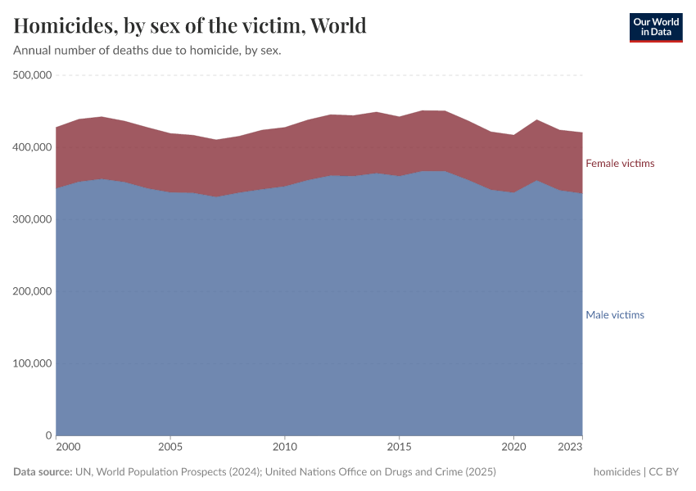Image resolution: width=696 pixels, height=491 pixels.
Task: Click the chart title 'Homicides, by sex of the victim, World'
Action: point(190,25)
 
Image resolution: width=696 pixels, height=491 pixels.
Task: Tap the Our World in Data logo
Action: point(655,27)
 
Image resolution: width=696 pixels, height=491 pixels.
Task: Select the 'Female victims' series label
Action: point(620,164)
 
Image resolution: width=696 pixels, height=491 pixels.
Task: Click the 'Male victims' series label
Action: point(615,315)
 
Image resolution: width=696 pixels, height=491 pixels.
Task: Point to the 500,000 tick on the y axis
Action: point(33,75)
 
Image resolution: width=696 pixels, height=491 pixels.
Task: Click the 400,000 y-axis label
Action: point(33,147)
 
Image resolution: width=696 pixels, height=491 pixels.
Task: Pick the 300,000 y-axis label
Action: point(33,219)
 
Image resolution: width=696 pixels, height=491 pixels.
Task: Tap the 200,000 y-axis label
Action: point(33,291)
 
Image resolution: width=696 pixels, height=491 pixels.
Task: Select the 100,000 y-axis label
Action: point(33,363)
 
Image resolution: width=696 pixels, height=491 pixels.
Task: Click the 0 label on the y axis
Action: point(49,435)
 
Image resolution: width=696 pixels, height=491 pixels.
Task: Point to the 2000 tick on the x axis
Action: point(68,448)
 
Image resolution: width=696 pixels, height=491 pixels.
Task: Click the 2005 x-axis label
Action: point(169,448)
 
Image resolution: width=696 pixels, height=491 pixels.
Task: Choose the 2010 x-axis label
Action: point(284,448)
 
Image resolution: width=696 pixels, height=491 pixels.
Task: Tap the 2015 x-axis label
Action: point(399,448)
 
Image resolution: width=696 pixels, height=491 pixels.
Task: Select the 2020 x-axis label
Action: point(513,448)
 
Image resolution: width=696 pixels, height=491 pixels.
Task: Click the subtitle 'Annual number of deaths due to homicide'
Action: point(147,51)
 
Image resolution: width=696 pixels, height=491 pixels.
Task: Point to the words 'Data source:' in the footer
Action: point(43,472)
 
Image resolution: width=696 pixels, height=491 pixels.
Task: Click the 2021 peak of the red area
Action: point(536,121)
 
